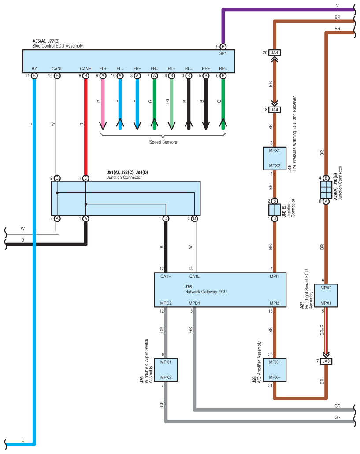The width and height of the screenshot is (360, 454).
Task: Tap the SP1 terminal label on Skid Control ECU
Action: coord(223,53)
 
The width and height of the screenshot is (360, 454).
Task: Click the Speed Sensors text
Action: coord(163,142)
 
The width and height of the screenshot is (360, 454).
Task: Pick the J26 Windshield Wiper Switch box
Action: coord(165,369)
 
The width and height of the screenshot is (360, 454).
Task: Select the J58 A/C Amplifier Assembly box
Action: coord(274,369)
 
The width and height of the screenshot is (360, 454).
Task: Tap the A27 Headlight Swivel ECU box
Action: coord(326,295)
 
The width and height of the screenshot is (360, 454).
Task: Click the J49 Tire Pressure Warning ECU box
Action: coord(274,158)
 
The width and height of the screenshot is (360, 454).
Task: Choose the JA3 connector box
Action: coord(326,361)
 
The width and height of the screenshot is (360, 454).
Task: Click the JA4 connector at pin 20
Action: coord(275,53)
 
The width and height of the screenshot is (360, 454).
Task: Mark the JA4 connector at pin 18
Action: coord(275,110)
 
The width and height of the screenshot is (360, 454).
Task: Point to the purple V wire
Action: coord(286,9)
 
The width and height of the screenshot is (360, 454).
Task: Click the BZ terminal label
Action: coord(34,69)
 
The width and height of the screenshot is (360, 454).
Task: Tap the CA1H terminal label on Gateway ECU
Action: coord(166,276)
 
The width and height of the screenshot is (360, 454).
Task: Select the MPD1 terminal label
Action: coord(194,303)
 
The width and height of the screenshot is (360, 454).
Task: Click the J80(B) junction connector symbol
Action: coord(274,210)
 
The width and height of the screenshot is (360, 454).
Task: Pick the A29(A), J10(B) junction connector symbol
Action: coord(326,190)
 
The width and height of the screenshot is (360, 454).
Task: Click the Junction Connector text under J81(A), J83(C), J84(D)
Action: coord(124,177)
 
